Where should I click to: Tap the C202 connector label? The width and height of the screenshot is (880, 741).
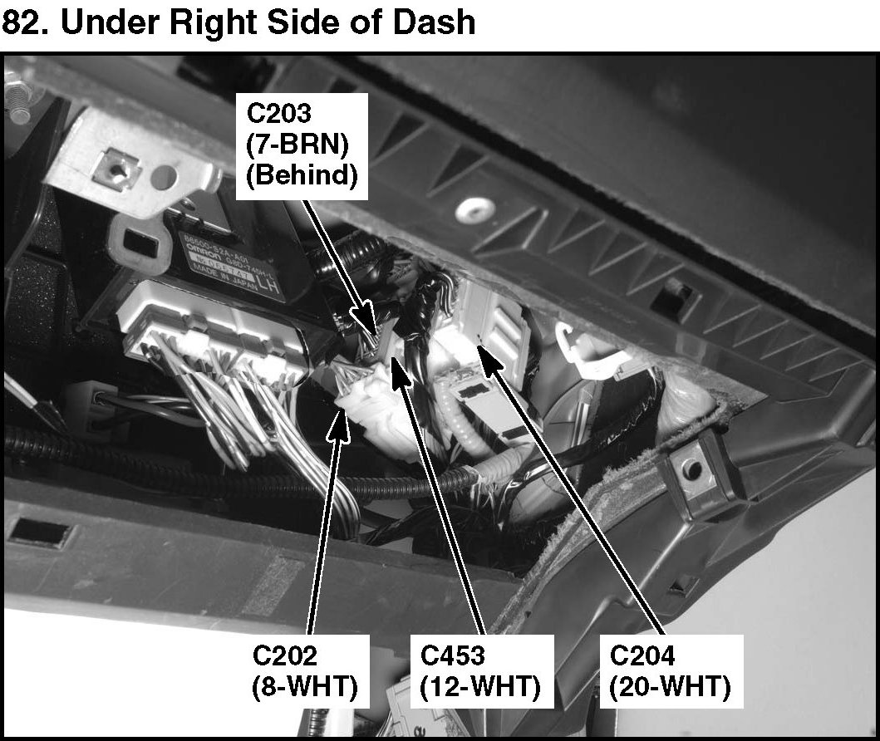click(x=285, y=655)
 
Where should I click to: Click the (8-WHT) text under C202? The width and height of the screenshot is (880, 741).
click(x=303, y=688)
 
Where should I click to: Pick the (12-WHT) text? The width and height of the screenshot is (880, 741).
click(x=480, y=688)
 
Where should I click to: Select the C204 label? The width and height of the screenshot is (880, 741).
click(x=642, y=655)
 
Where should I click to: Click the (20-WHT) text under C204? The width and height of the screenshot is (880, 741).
click(x=670, y=688)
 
